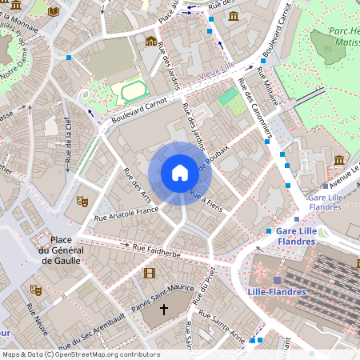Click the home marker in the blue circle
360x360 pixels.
click(179, 173)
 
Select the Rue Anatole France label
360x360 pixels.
click(126, 214)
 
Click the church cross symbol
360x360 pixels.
click(165, 308)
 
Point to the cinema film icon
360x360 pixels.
click(149, 273)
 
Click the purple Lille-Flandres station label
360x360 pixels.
click(277, 292)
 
